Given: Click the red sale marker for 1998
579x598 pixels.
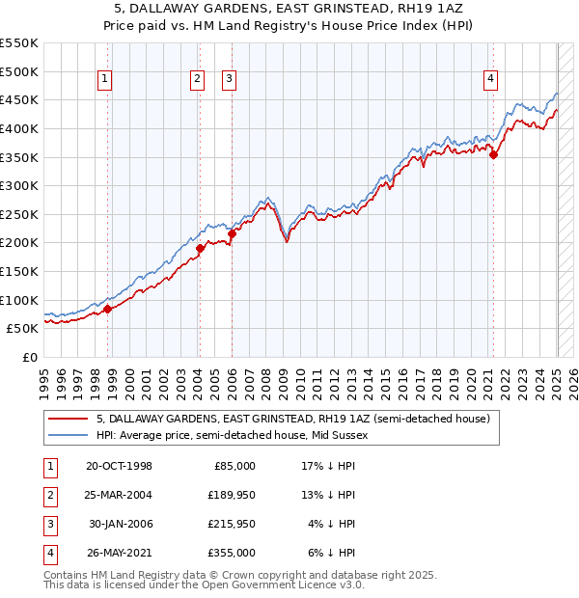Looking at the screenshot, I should click(x=108, y=309).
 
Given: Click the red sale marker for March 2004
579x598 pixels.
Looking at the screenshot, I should click(x=200, y=248).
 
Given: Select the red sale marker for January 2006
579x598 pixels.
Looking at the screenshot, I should click(x=232, y=233).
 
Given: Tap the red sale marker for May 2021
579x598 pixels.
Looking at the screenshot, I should click(x=493, y=153).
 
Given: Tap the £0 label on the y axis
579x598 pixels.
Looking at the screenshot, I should click(x=30, y=357).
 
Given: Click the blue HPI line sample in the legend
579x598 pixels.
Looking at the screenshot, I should click(x=69, y=436).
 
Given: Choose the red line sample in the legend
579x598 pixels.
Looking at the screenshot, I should click(x=69, y=420).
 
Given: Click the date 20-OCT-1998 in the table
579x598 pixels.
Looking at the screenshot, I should click(x=119, y=466).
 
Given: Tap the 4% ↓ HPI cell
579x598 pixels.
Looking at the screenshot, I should click(x=332, y=524).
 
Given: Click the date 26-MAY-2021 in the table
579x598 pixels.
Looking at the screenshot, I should click(x=119, y=553).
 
